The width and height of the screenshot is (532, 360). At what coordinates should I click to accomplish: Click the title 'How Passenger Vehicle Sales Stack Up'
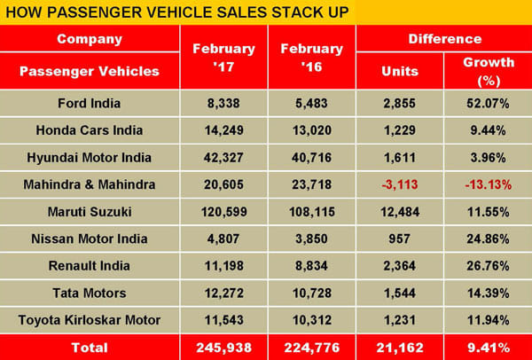click(177, 13)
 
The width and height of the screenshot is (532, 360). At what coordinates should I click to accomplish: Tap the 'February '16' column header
click(311, 56)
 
